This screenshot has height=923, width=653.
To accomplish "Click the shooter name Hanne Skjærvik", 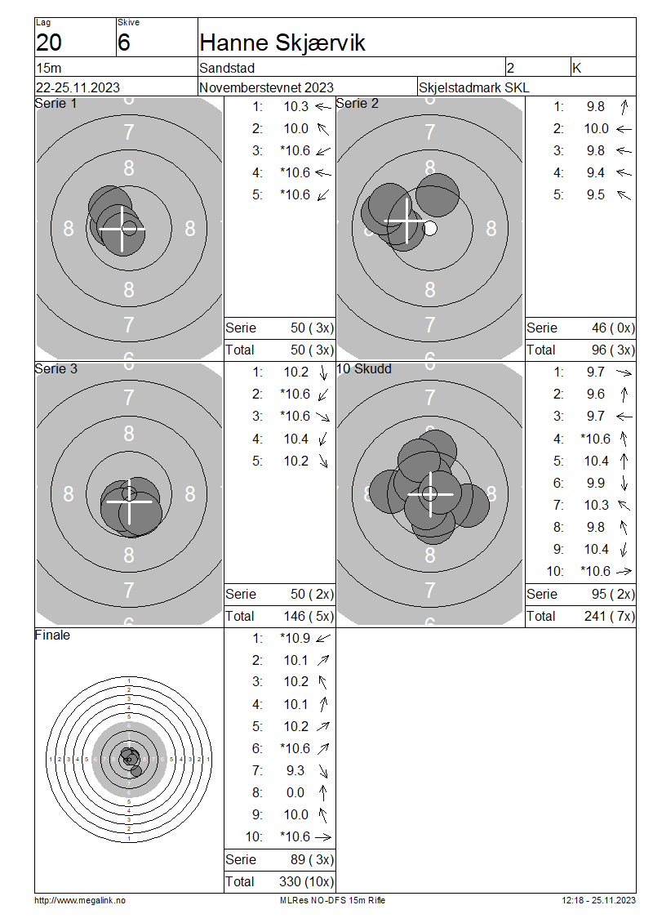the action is pos(282,43).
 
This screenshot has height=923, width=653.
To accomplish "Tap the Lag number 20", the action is pos(49,43).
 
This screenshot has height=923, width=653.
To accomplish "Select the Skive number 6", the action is pos(123,43).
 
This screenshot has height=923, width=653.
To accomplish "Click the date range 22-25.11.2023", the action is pos(78,87).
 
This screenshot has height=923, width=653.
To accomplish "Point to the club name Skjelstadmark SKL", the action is pos(473,87).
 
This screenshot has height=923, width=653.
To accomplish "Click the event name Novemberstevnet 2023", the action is pos(266,87).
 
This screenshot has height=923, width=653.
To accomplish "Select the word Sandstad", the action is pos(227,69).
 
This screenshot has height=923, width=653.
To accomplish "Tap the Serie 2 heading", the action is pos(357,104).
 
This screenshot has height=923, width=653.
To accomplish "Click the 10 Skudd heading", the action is pos(363,369).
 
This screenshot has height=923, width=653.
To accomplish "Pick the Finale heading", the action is pos(52,635).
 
